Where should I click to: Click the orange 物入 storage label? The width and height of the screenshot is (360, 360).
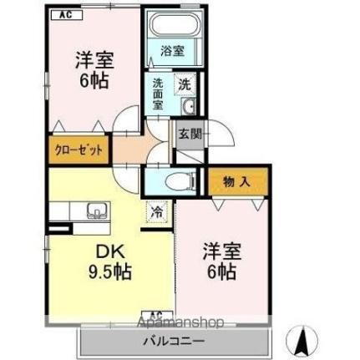click(238, 180)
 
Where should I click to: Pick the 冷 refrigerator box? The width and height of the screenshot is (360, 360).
click(156, 212)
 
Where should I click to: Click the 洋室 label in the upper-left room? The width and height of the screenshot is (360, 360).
click(94, 61)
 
